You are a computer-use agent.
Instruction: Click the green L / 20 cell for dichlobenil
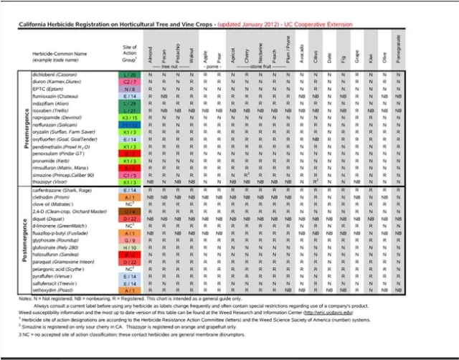click(130, 74)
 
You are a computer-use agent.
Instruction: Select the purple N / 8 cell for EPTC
click(130, 89)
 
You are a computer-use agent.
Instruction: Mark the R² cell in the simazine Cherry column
click(246, 174)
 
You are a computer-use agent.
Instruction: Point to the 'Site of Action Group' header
click(130, 53)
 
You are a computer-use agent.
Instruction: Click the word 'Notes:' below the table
click(26, 298)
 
